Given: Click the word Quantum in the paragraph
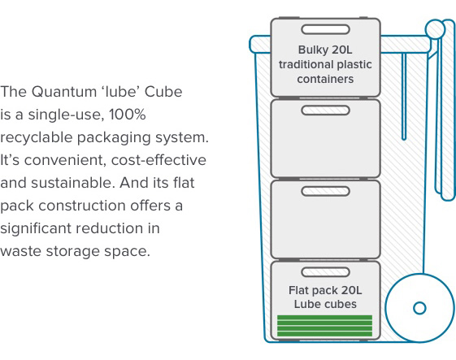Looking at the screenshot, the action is tap(64, 92).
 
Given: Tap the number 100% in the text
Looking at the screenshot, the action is tap(128, 115).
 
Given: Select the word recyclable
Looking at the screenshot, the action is tap(36, 137).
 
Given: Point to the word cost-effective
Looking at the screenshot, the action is tap(159, 160).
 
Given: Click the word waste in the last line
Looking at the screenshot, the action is tap(20, 252).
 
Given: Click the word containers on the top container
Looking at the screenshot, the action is tap(325, 79).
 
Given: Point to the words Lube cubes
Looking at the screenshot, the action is tap(325, 304).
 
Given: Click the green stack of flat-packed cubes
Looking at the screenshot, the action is tap(324, 326).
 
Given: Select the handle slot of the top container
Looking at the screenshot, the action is tap(325, 29).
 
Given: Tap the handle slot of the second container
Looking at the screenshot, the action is tap(325, 111).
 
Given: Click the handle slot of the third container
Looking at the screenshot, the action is tap(325, 191).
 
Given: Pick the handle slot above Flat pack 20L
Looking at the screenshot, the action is tap(325, 272).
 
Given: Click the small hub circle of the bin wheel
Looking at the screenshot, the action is tap(419, 308).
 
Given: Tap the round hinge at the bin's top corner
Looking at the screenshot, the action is tap(435, 29).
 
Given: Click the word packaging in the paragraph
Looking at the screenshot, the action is tap(114, 138).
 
